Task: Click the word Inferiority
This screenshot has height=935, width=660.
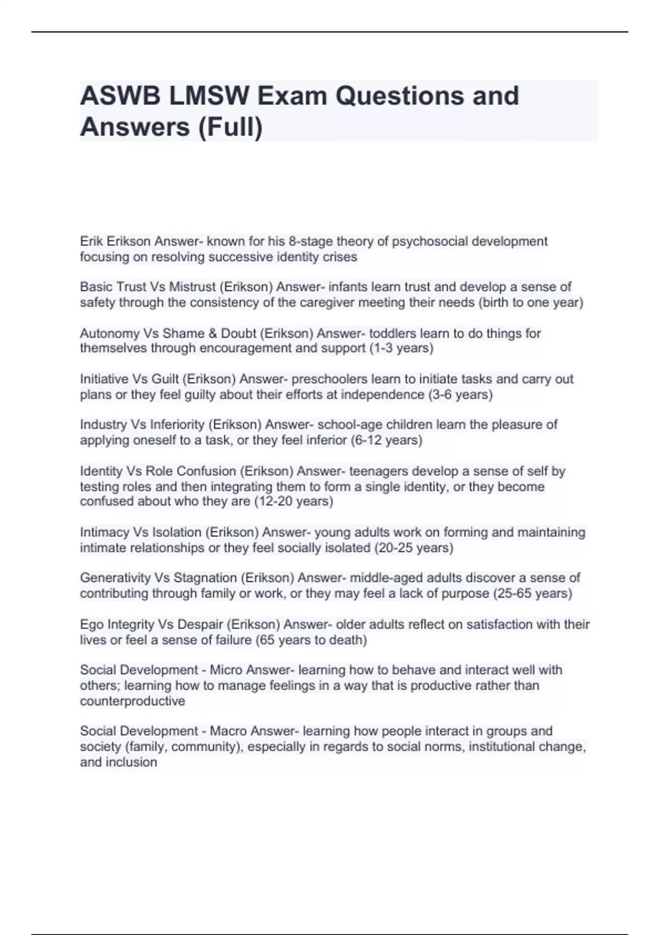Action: [x=177, y=425]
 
